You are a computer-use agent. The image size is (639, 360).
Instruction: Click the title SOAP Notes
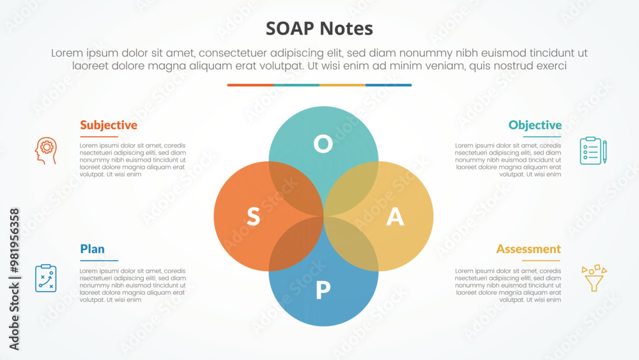(x=319, y=29)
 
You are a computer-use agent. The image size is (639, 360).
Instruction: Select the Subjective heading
(x=109, y=125)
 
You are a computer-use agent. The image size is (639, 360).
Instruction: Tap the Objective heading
(x=535, y=125)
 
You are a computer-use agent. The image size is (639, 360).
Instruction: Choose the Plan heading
(x=93, y=249)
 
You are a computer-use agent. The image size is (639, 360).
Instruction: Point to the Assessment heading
(x=528, y=249)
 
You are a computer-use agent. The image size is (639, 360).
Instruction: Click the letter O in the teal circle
(x=323, y=145)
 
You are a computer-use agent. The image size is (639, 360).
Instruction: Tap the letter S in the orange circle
(x=253, y=217)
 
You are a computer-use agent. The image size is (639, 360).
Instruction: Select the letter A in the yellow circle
(x=395, y=217)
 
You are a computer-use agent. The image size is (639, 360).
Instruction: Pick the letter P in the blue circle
(x=323, y=291)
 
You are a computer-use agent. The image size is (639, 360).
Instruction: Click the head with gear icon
(x=45, y=151)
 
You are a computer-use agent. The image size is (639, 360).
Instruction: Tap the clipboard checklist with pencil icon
(x=593, y=151)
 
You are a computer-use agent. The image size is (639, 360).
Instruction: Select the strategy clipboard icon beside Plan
(x=45, y=278)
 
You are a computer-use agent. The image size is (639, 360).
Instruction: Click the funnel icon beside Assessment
(x=594, y=278)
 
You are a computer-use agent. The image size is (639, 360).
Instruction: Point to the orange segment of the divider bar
(x=250, y=84)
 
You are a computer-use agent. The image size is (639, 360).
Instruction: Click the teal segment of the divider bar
(x=296, y=84)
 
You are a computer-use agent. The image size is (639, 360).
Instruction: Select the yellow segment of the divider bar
(x=343, y=84)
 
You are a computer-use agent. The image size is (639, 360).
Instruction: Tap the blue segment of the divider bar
(x=389, y=84)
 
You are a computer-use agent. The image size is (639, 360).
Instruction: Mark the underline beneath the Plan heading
(x=99, y=260)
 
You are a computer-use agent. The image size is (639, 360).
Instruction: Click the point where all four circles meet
(x=323, y=216)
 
